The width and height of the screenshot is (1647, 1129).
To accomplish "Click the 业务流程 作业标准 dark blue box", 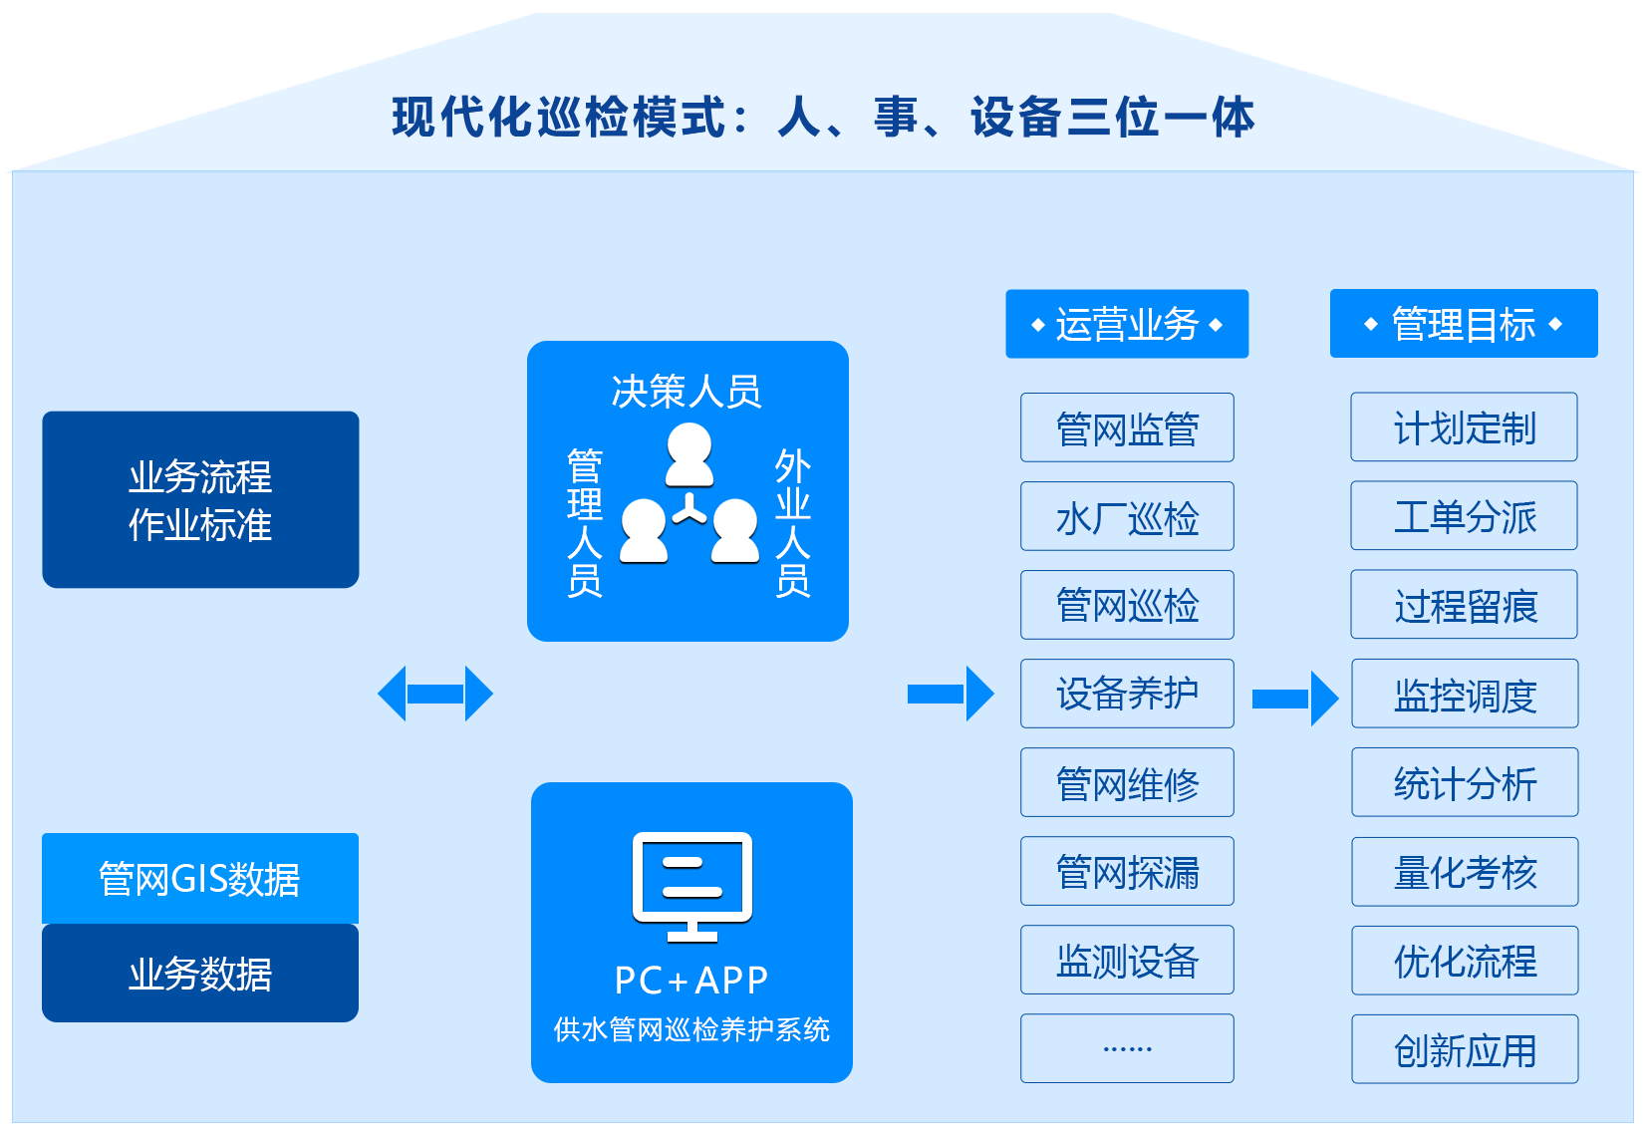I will click(200, 499).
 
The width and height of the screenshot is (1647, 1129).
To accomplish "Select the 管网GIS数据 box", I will click(200, 878).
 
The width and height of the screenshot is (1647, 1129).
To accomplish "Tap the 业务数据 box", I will click(200, 973).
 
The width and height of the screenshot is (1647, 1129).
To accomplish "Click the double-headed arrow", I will click(435, 694).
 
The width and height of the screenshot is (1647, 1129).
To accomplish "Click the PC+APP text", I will click(691, 981).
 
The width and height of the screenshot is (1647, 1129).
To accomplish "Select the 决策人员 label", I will click(686, 392).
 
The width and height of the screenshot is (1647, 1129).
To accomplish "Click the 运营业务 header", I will click(1127, 324).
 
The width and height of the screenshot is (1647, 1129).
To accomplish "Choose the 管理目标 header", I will click(1464, 324).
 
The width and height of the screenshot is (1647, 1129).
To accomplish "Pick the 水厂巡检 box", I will click(1127, 516).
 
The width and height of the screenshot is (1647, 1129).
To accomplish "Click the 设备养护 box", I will click(1127, 694).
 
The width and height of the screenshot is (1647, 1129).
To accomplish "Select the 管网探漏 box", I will click(1127, 871).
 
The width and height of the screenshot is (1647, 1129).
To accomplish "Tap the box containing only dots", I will click(1127, 1048).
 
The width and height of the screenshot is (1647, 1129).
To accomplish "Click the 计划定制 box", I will click(1464, 427).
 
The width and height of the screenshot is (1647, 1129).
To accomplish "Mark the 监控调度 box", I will click(1465, 694).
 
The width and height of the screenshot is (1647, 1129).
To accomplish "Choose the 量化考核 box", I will click(1465, 872).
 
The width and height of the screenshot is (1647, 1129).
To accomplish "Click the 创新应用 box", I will click(1465, 1049).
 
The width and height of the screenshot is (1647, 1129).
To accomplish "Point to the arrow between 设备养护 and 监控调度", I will click(1294, 699).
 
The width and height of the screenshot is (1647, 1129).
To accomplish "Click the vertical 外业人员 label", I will click(793, 522).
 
